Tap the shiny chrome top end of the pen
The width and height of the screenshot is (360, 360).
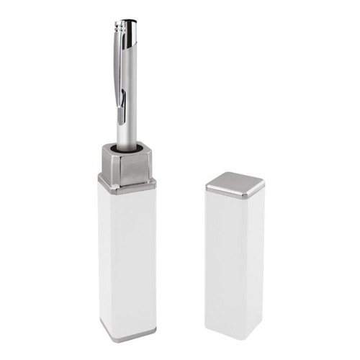pyautogui.click(x=128, y=28)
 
